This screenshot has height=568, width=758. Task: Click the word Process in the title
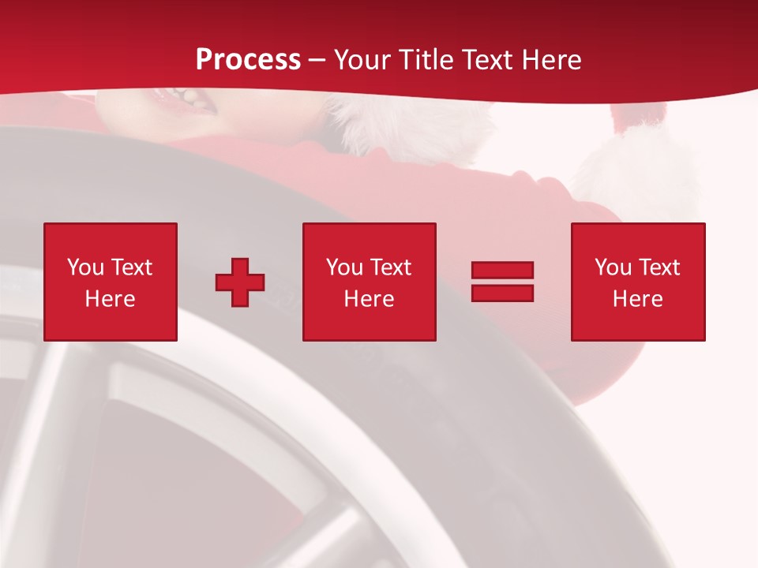click(x=248, y=60)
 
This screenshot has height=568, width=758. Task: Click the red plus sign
click(x=240, y=282)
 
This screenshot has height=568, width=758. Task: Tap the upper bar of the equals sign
click(x=502, y=271)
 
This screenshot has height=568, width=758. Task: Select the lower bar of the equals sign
click(x=502, y=293)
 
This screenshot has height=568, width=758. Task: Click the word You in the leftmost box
click(x=85, y=267)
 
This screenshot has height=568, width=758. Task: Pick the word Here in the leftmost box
click(x=110, y=299)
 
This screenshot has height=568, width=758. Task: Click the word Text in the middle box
click(x=391, y=267)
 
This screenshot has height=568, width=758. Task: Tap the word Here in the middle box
click(x=369, y=299)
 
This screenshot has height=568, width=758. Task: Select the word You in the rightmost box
click(x=613, y=267)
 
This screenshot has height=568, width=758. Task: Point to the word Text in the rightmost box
click(x=659, y=267)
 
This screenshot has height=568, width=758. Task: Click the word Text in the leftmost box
click(x=132, y=267)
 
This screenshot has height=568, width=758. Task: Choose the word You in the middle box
click(x=344, y=267)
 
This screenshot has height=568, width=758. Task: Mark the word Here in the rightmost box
click(x=637, y=299)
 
